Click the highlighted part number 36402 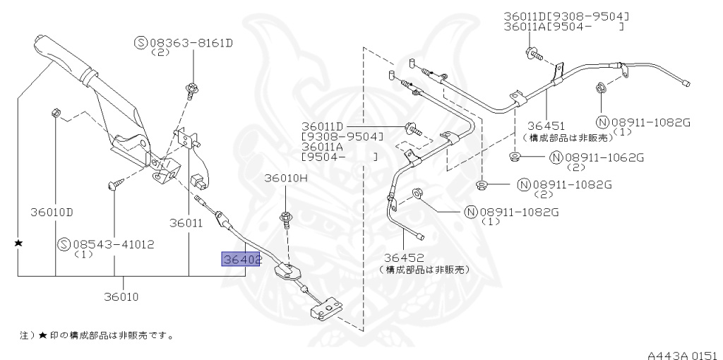241,260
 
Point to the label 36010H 286,178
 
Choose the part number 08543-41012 114,244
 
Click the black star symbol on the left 19,243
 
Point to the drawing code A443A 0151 682,351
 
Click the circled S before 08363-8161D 140,44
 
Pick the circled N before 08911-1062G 556,157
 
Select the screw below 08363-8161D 191,89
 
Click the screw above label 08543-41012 114,185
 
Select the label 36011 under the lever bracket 186,223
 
